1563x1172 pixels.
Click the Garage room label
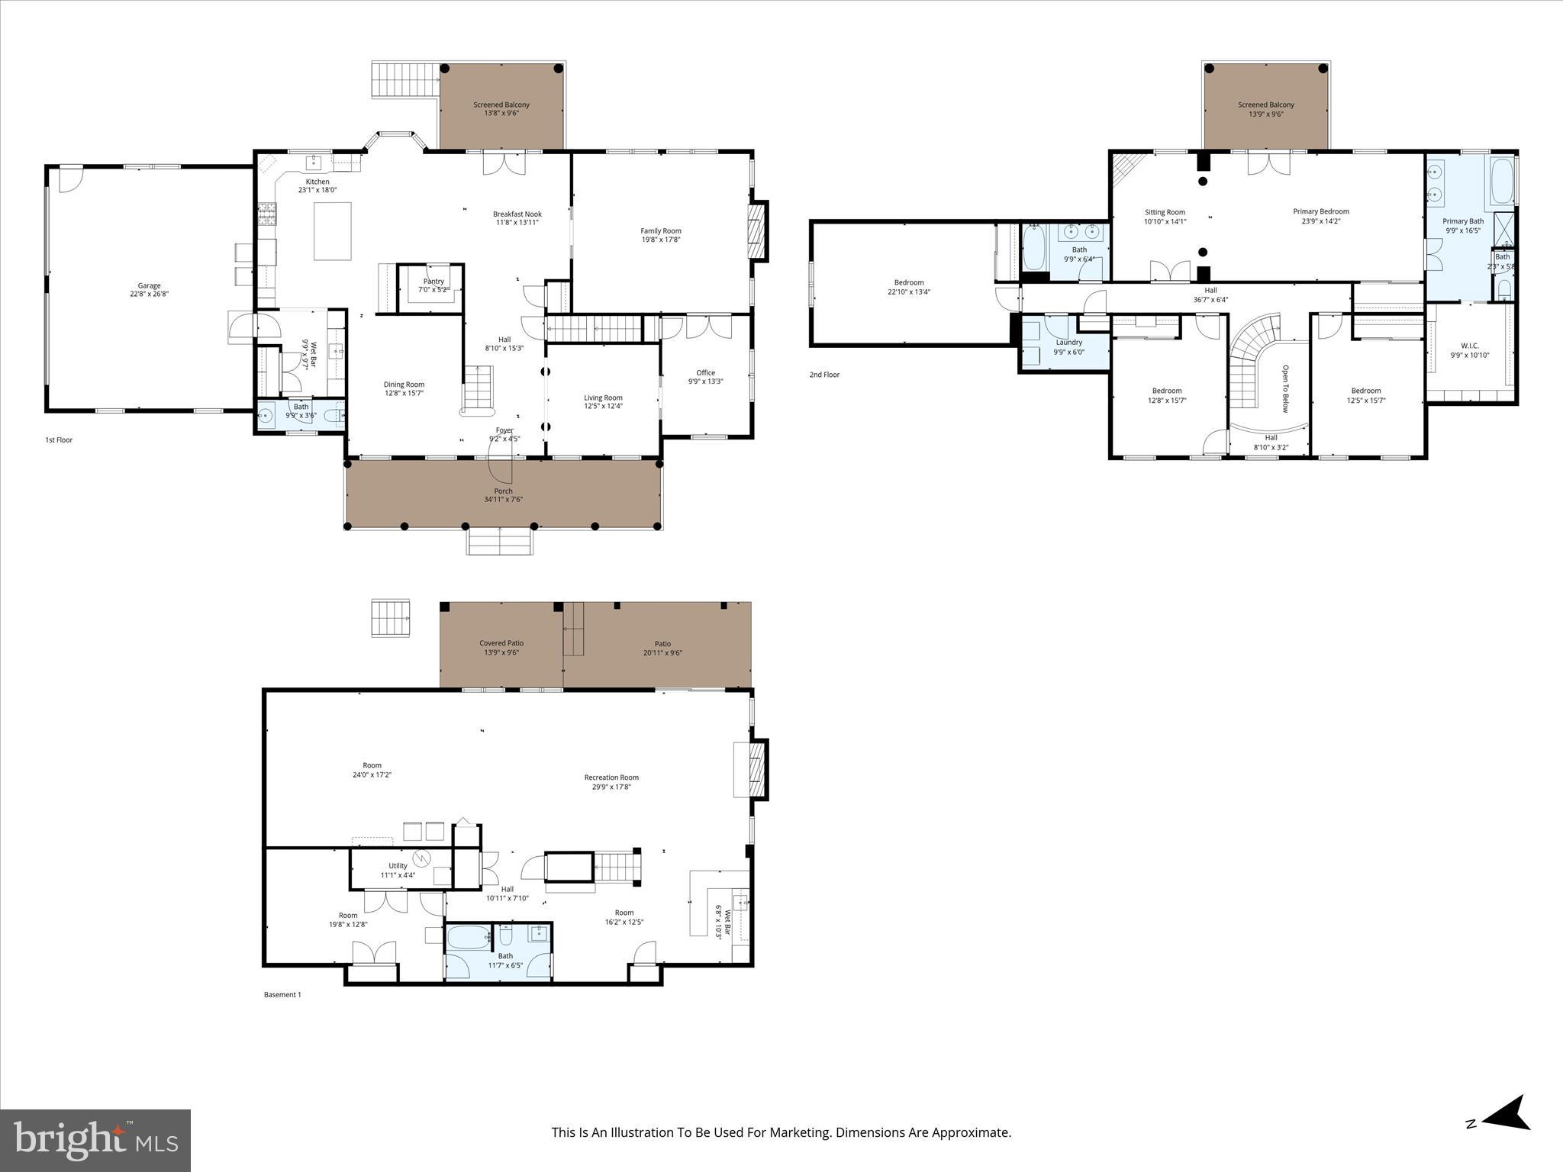(x=149, y=286)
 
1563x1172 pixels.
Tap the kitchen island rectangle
(x=333, y=231)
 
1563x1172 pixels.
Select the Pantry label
(x=433, y=282)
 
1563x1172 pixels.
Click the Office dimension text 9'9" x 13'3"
(x=705, y=382)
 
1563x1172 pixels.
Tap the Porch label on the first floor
(x=503, y=491)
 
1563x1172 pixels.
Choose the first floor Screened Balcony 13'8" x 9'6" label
(x=501, y=105)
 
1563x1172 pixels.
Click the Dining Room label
(x=404, y=385)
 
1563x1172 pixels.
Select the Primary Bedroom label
(x=1320, y=211)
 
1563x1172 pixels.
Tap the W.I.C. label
(x=1469, y=346)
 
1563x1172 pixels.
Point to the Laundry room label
(x=1068, y=343)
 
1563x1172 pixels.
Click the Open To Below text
(x=1285, y=388)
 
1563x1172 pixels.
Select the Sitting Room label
(x=1165, y=212)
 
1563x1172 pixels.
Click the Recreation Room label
(x=611, y=778)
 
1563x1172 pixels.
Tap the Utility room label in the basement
(x=398, y=866)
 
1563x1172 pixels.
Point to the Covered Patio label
(x=501, y=643)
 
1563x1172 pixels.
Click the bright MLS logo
(x=95, y=1141)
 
